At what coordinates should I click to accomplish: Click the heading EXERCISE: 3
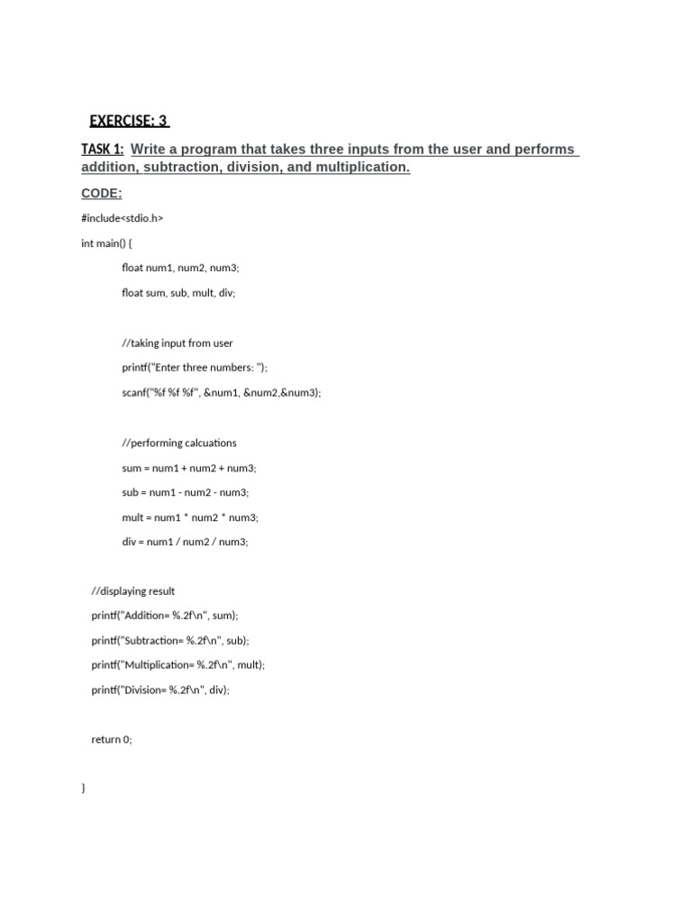pos(129,121)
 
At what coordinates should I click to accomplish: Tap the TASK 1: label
pos(102,149)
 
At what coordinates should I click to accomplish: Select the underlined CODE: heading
pos(101,194)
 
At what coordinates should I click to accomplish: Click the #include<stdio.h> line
pos(122,218)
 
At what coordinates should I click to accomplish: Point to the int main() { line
pos(106,243)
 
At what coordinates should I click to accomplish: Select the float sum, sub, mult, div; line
pos(178,293)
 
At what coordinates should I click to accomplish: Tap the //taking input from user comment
pos(178,343)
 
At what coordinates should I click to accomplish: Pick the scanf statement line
pos(221,392)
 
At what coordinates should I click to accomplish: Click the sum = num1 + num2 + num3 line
pos(189,468)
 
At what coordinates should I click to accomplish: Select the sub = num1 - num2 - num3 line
pos(186,492)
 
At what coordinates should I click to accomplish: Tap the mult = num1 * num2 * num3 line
pos(190,517)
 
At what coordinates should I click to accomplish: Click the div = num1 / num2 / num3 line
pos(185,542)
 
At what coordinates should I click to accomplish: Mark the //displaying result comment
pos(133,591)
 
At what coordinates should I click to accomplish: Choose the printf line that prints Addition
pos(165,616)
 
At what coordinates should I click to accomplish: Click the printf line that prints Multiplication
pos(178,665)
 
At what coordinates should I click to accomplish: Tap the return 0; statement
pos(112,739)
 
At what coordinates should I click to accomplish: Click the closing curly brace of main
pos(84,789)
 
